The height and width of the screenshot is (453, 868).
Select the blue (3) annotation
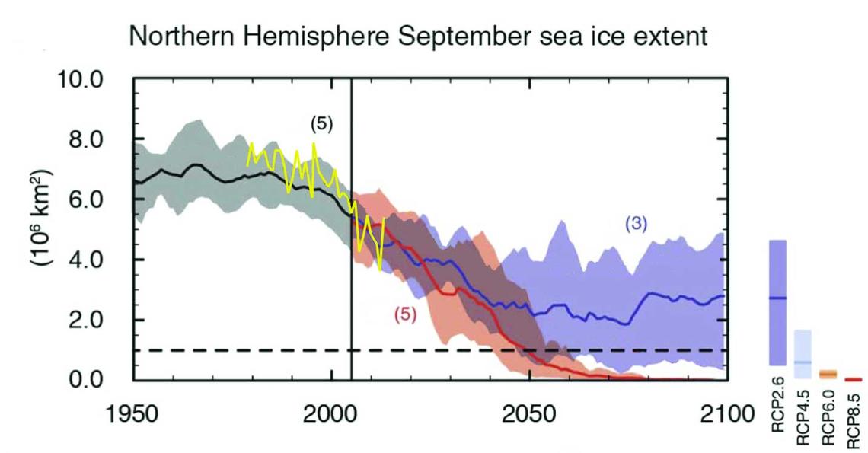(636, 222)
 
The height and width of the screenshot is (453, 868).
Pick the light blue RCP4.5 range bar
(803, 354)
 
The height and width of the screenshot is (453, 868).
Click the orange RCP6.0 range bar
(828, 374)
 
